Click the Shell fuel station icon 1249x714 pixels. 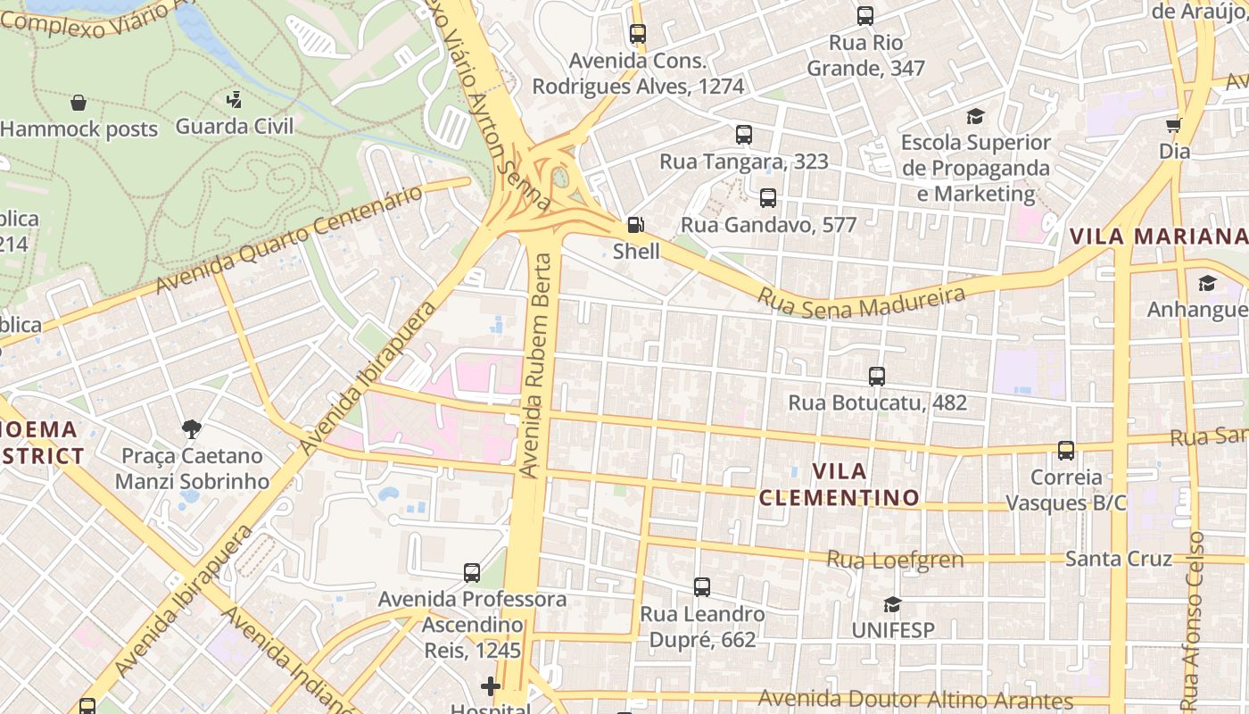pyautogui.click(x=635, y=225)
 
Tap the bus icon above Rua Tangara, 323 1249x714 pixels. pyautogui.click(x=744, y=135)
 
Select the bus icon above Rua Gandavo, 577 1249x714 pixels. pyautogui.click(x=768, y=198)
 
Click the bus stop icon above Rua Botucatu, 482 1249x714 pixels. pyautogui.click(x=877, y=377)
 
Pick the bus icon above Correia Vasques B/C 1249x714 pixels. pyautogui.click(x=1066, y=451)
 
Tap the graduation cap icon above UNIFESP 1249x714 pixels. pyautogui.click(x=892, y=604)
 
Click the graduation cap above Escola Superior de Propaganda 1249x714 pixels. pyautogui.click(x=975, y=116)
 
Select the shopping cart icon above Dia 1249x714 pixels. pyautogui.click(x=1174, y=125)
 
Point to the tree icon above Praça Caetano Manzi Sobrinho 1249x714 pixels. pyautogui.click(x=191, y=430)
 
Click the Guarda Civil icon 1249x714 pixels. pyautogui.click(x=234, y=99)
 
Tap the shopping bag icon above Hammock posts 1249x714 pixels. pyautogui.click(x=79, y=103)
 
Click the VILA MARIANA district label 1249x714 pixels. pyautogui.click(x=1158, y=237)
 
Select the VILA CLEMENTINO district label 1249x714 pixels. pyautogui.click(x=839, y=484)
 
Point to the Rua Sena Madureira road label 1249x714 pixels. pyautogui.click(x=862, y=302)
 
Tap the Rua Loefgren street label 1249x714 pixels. pyautogui.click(x=895, y=560)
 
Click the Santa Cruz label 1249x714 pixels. pyautogui.click(x=1118, y=559)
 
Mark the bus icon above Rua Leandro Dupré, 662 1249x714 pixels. pyautogui.click(x=702, y=587)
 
